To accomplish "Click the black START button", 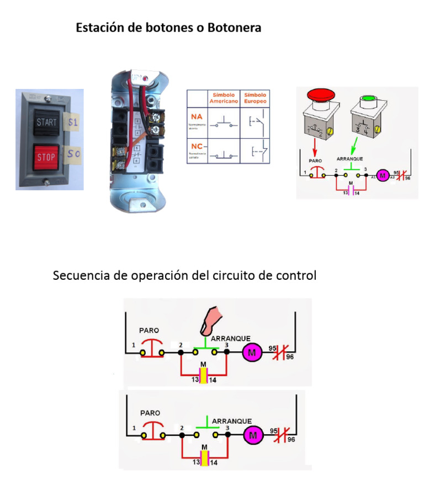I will coord(46,123).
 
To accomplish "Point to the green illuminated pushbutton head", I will coord(366,101).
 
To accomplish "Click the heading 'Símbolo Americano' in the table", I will coord(223,98).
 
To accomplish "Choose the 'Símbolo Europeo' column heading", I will coord(255,98).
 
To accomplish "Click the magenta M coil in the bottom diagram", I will coord(253,435).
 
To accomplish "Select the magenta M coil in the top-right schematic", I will coord(382,176).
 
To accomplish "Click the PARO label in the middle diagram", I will coord(149,330).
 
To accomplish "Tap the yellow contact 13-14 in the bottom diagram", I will coord(204,457).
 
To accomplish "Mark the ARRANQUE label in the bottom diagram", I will coord(231,421).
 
